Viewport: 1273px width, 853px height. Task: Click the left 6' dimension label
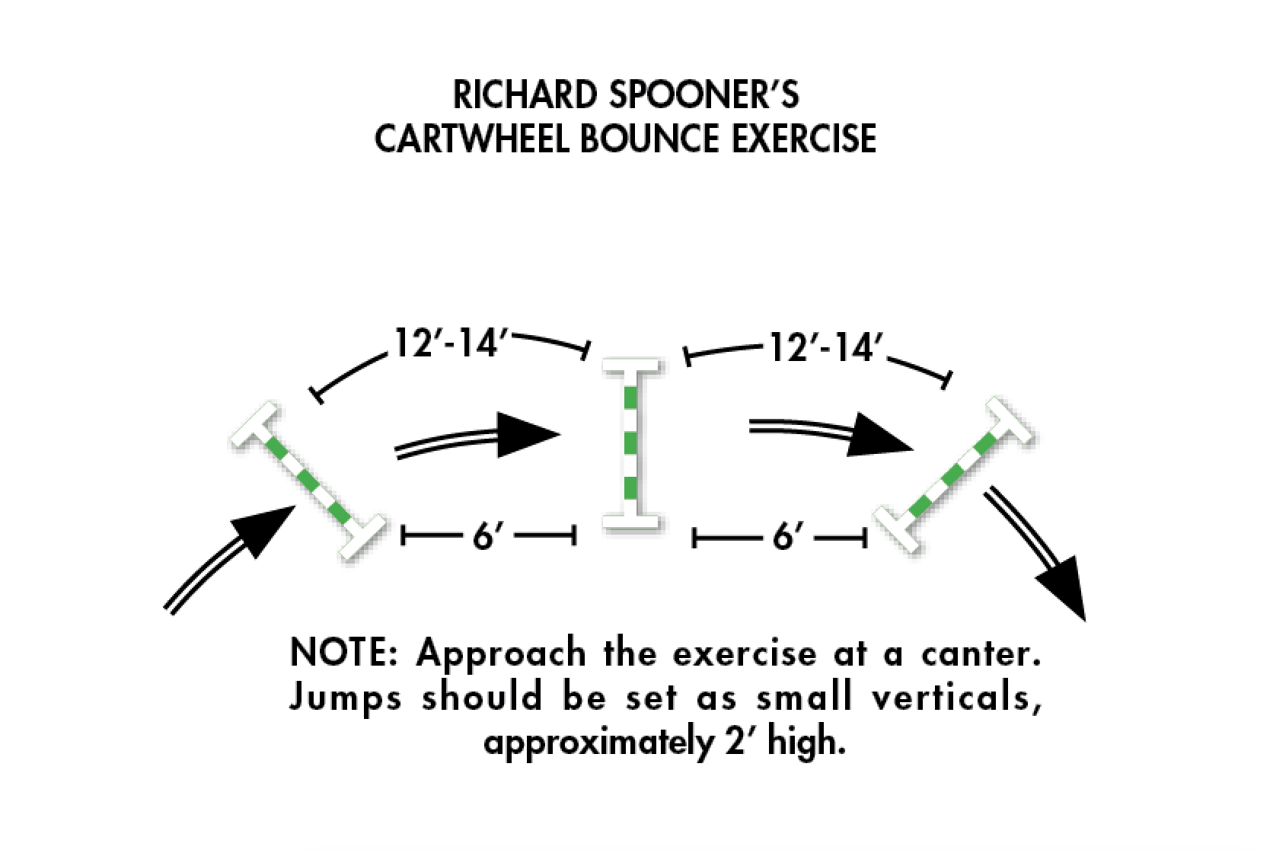tap(485, 537)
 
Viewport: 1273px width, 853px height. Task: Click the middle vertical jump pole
tap(631, 445)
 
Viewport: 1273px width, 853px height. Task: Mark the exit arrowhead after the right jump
tap(1064, 586)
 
